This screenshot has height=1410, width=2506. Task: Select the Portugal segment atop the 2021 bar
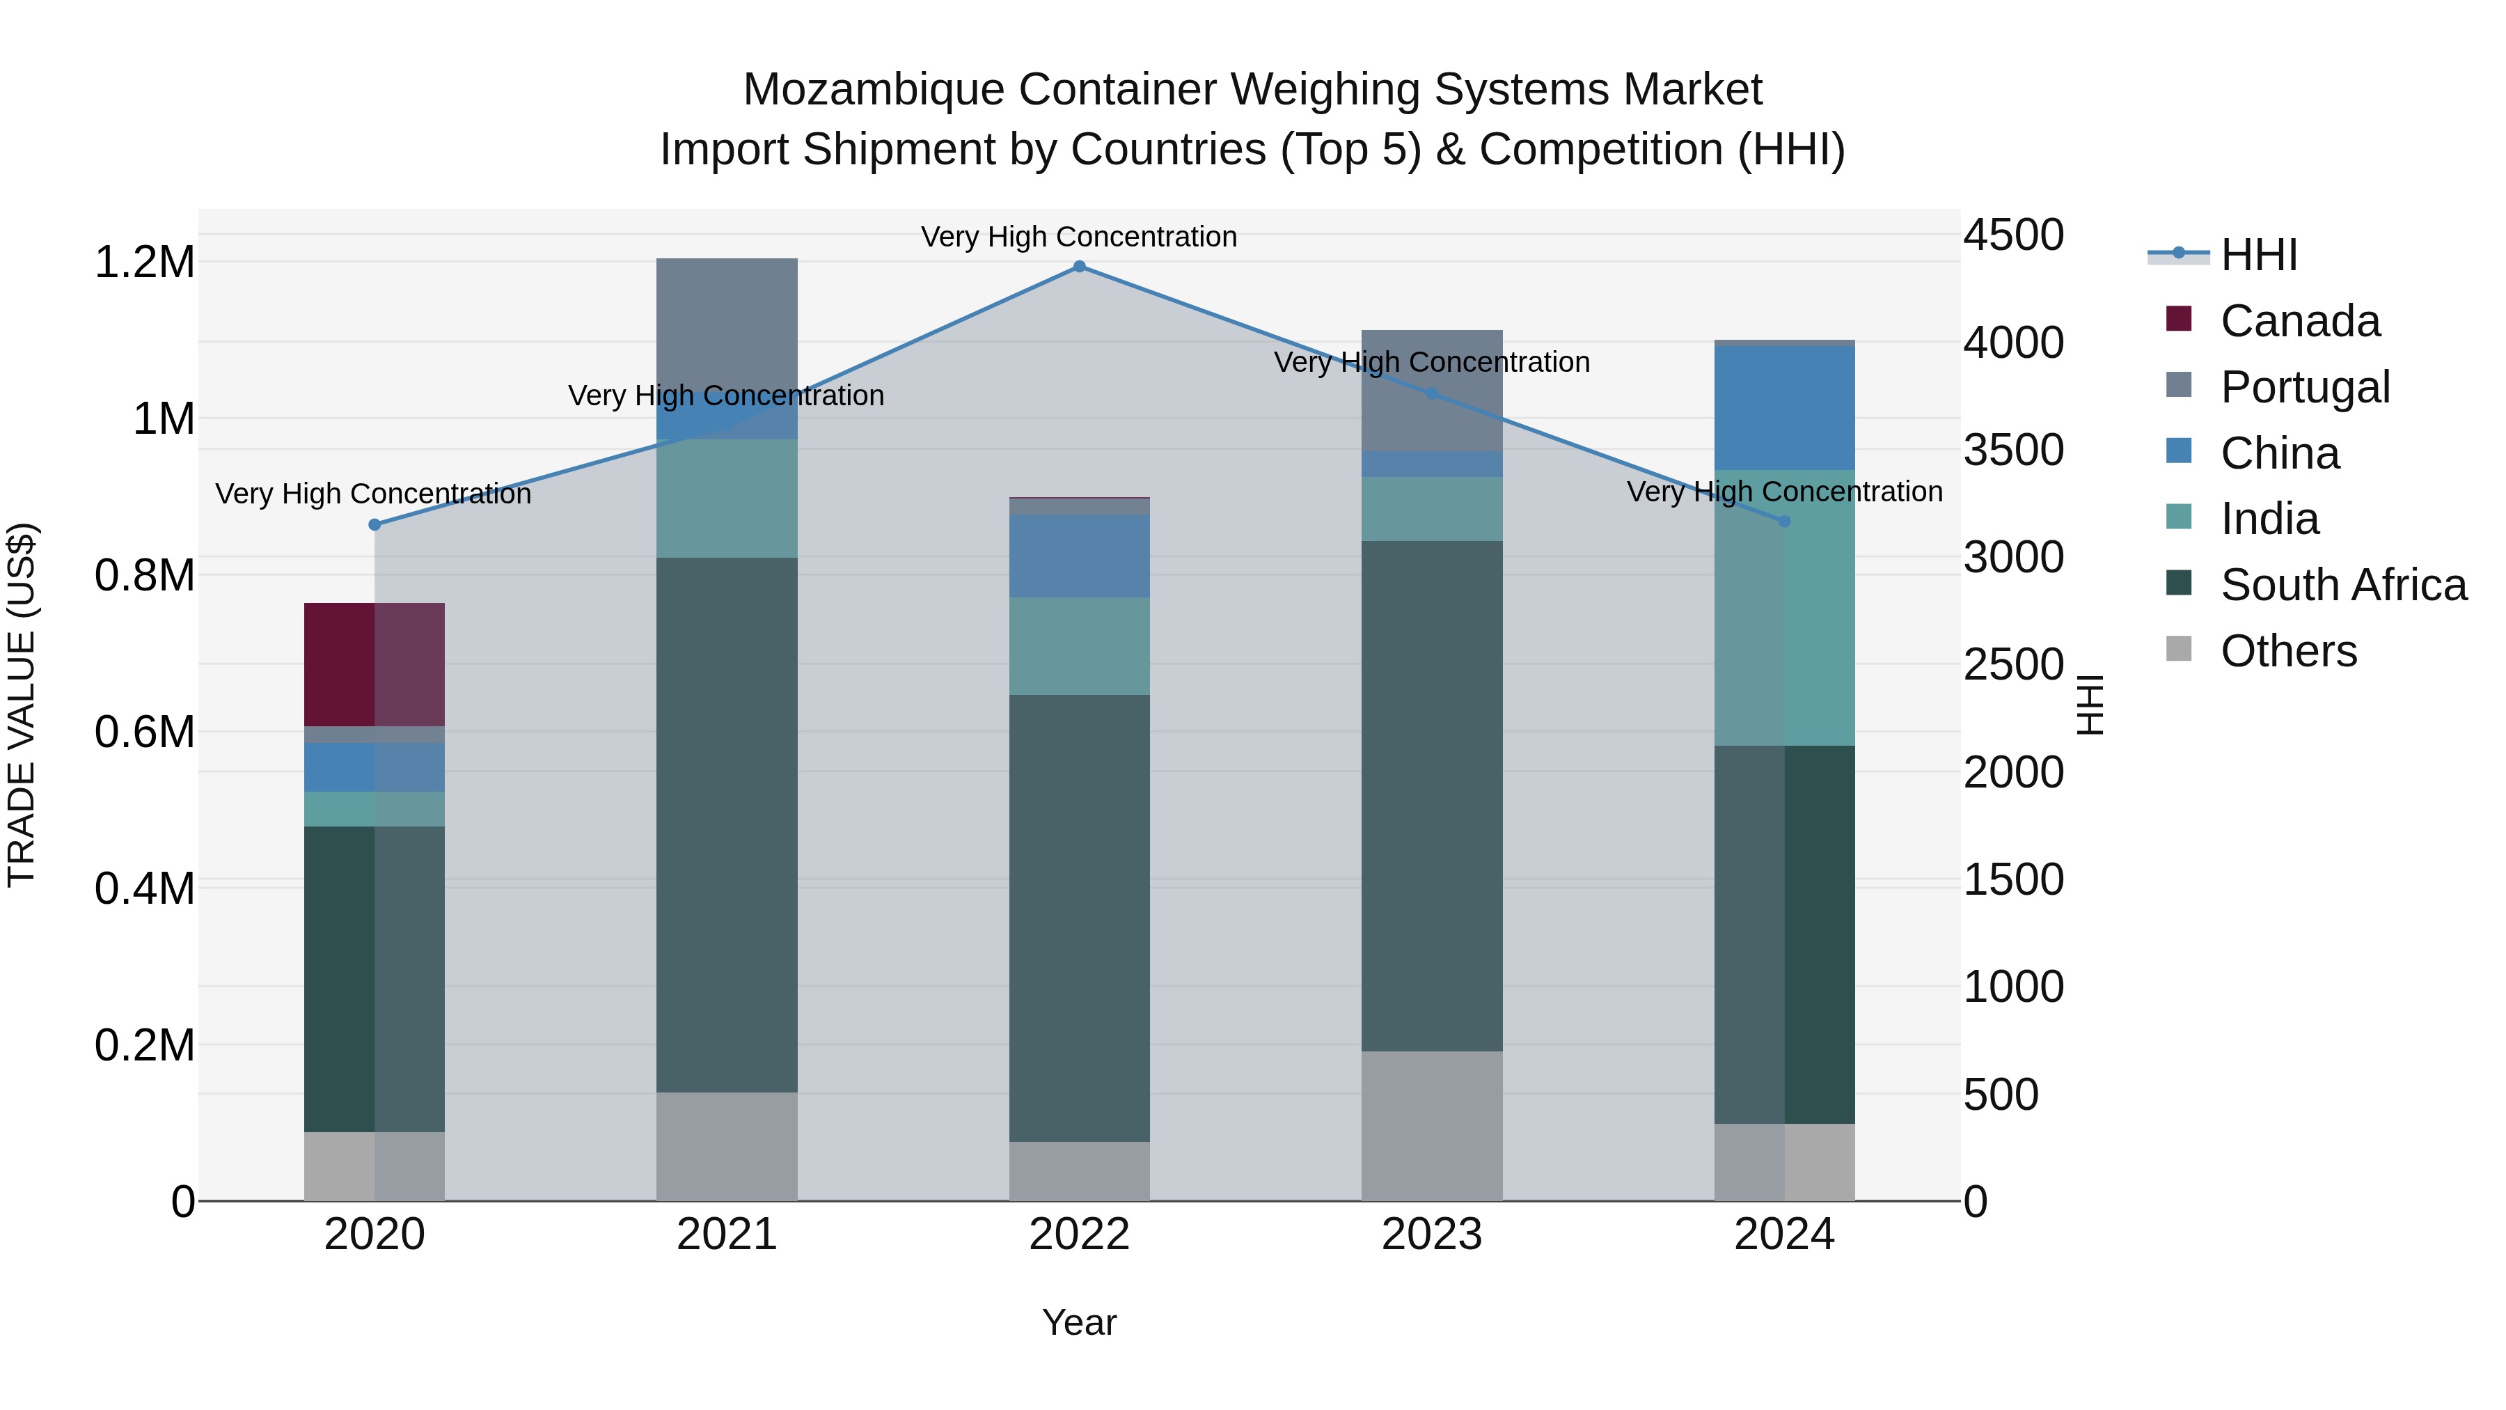727,321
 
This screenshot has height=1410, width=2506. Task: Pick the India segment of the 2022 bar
1079,645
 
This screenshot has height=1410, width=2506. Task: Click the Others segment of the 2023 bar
1431,1125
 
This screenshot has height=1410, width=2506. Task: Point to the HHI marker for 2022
1079,267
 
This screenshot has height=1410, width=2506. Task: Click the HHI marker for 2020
375,524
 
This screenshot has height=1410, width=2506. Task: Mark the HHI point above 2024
1784,522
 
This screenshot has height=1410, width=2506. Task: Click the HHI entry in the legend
2258,255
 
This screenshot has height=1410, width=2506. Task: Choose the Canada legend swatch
2179,319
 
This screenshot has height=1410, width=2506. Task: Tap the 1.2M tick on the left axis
144,263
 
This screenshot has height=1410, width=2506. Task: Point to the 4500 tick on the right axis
2012,235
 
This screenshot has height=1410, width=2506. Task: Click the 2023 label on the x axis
1431,1235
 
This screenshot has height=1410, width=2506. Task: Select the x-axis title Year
1079,1322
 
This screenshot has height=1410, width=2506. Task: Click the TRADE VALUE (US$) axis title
22,705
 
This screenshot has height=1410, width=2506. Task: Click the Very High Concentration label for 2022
1079,237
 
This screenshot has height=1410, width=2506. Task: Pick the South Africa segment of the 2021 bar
727,824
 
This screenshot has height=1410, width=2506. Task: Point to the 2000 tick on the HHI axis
2012,773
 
